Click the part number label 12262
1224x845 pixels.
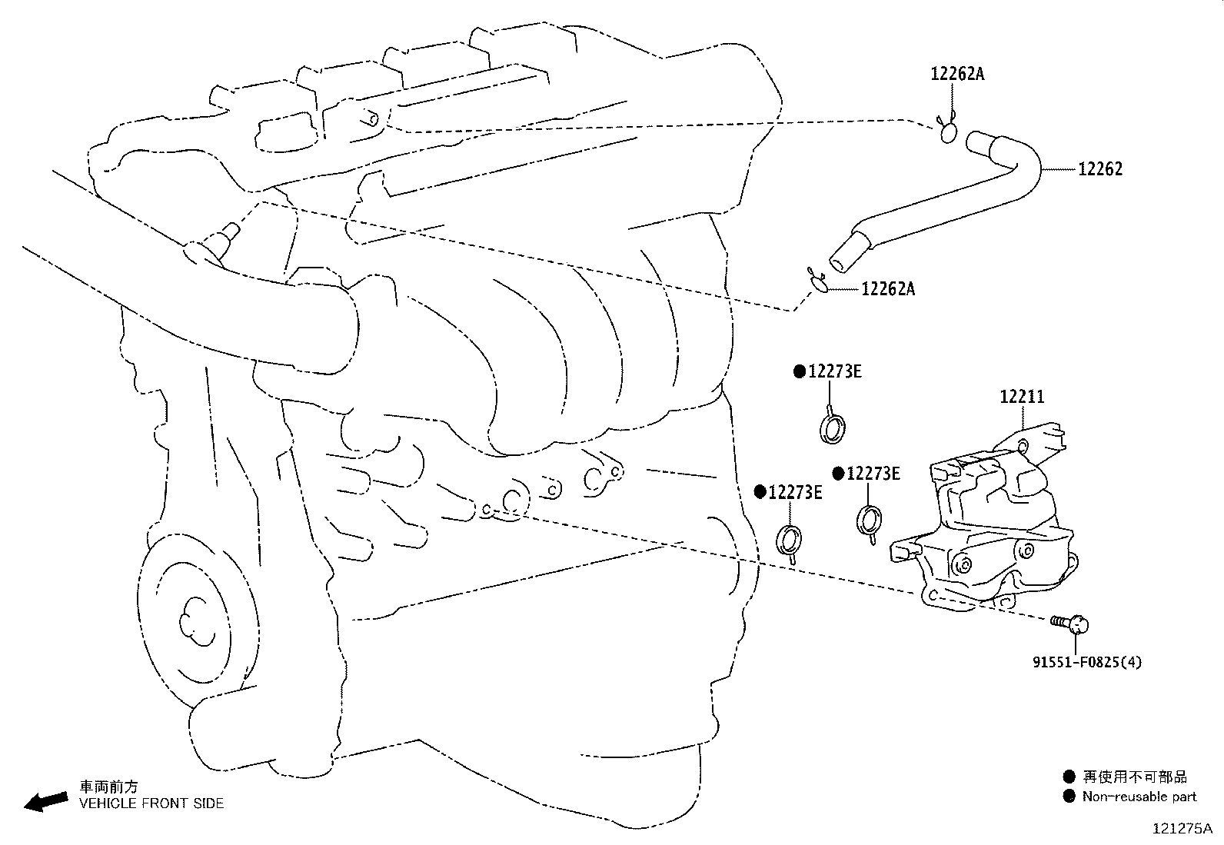click(1099, 169)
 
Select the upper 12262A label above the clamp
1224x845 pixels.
click(957, 74)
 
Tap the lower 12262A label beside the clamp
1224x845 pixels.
click(888, 289)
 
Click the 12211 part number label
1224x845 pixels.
click(1022, 397)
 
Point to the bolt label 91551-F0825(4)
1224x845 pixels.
click(1086, 661)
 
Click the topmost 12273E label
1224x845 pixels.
click(833, 372)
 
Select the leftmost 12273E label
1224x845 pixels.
click(794, 493)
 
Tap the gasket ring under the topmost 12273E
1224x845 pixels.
click(833, 427)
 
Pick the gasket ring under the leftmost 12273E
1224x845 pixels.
click(790, 540)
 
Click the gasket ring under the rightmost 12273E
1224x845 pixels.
click(868, 521)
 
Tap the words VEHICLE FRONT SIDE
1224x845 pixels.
click(151, 803)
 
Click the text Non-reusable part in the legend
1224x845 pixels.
click(1139, 797)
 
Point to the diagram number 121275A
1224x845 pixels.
click(1181, 829)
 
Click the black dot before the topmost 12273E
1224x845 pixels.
click(800, 372)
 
